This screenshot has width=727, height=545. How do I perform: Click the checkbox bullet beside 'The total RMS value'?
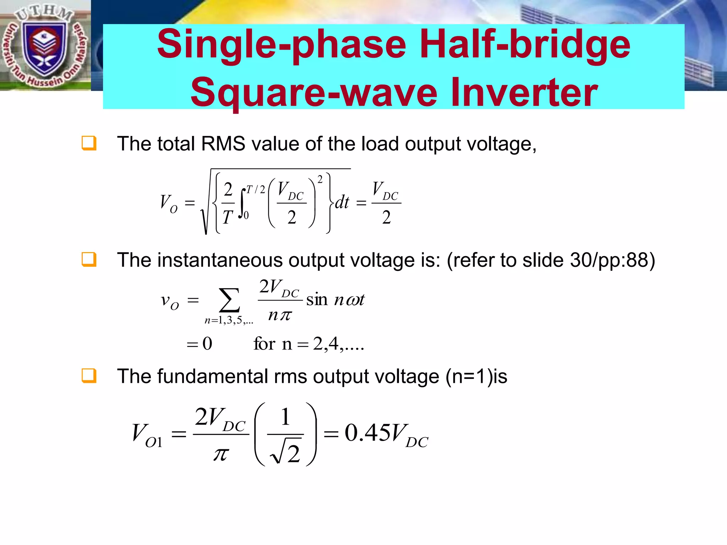click(x=89, y=143)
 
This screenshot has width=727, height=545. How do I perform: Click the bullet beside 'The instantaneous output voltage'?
click(x=89, y=259)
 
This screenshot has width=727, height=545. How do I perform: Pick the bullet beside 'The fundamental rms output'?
click(x=89, y=376)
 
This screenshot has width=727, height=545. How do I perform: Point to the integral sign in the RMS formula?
click(x=243, y=203)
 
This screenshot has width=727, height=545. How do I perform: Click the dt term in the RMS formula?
click(x=342, y=203)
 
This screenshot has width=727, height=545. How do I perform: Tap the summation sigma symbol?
click(x=229, y=300)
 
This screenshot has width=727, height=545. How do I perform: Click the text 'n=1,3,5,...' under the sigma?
click(x=229, y=320)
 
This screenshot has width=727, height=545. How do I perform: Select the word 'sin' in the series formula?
click(x=317, y=300)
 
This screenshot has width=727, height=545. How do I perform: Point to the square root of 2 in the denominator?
click(x=286, y=453)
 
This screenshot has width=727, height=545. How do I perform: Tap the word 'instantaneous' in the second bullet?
click(x=220, y=260)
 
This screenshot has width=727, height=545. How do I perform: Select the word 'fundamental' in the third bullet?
click(x=213, y=376)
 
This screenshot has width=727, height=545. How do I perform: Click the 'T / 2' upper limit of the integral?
click(x=256, y=190)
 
